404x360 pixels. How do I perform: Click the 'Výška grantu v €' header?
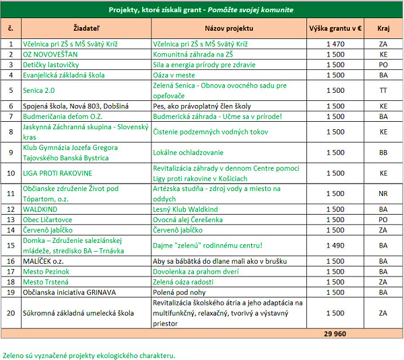pyautogui.click(x=335, y=30)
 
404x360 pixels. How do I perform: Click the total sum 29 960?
pyautogui.click(x=335, y=333)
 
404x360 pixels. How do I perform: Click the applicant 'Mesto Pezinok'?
pyautogui.click(x=46, y=271)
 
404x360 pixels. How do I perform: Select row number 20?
pyautogui.click(x=11, y=313)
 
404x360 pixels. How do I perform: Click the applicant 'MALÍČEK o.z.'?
pyautogui.click(x=44, y=260)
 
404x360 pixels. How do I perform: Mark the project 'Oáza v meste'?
pyautogui.click(x=175, y=75)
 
